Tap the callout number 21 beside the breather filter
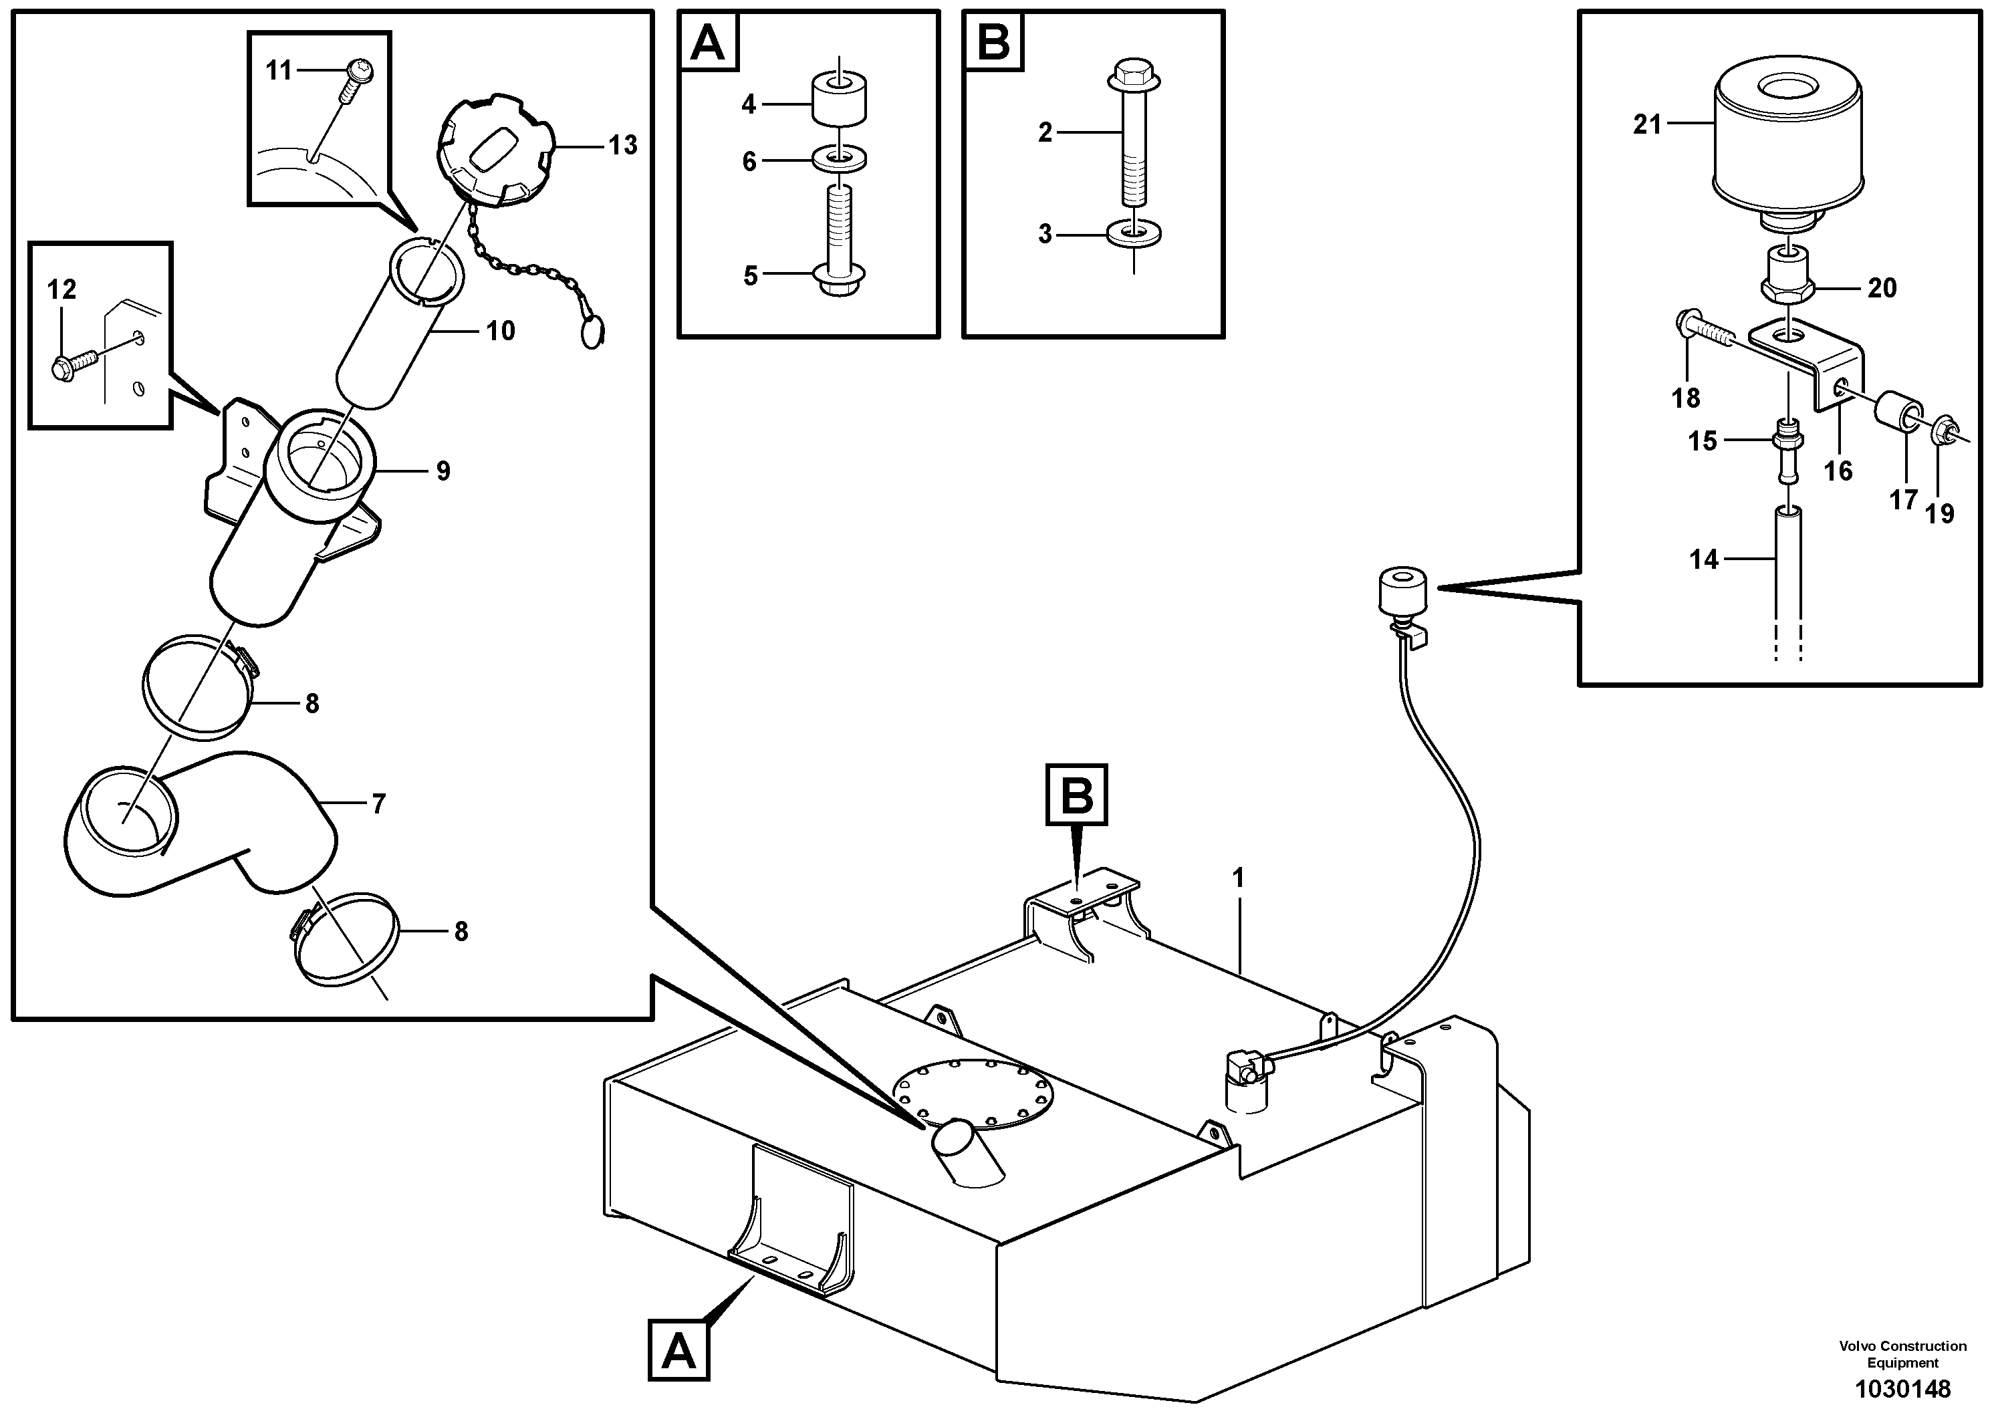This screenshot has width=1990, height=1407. (1647, 125)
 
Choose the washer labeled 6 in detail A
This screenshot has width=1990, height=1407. (840, 160)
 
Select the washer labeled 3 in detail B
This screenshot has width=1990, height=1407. (1134, 234)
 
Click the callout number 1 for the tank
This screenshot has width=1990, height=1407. (1239, 878)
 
